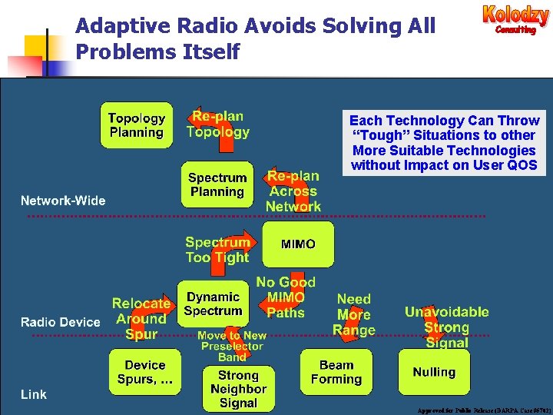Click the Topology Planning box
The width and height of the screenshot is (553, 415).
[x=137, y=125]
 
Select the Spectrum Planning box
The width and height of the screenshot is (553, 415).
[x=217, y=184]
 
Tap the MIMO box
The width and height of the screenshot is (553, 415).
[x=298, y=244]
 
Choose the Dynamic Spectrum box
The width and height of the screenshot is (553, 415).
[x=213, y=304]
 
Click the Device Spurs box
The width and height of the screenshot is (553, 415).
[x=144, y=372]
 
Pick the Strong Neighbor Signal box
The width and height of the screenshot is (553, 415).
[x=238, y=389]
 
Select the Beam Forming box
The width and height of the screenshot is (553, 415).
[x=336, y=372]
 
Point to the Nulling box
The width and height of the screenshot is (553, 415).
[x=434, y=372]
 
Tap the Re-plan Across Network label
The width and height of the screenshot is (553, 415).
[x=293, y=191]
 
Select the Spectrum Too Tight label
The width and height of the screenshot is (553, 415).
[x=217, y=250]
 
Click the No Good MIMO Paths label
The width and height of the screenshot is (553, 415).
[x=285, y=297]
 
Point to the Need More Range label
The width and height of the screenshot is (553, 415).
[x=353, y=314]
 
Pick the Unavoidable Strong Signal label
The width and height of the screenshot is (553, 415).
[x=446, y=327]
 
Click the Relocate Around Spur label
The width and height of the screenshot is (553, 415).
[x=141, y=318]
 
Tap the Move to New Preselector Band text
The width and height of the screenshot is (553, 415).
[x=232, y=346]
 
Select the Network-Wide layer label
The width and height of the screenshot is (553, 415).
[x=63, y=201]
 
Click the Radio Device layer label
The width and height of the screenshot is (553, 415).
[x=60, y=322]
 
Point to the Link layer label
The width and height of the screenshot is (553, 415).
[x=34, y=394]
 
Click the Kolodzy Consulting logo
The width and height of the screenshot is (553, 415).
[x=515, y=20]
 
